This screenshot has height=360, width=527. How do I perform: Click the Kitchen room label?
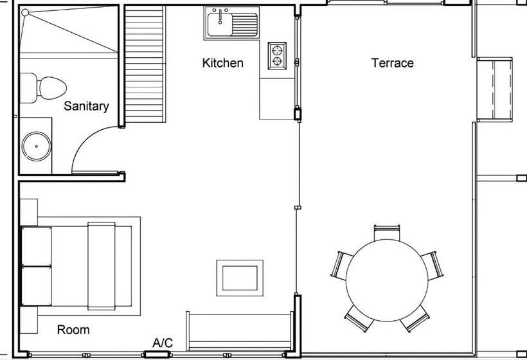[x=223, y=63]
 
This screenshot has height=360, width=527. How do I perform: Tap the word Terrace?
[x=392, y=63]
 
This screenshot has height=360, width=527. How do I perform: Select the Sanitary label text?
[x=86, y=106]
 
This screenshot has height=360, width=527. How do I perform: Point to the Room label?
[x=73, y=330]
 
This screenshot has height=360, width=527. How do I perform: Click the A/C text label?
[x=163, y=343]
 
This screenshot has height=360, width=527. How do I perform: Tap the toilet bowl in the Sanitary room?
[x=52, y=88]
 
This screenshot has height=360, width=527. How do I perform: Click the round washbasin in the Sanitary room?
[x=37, y=146]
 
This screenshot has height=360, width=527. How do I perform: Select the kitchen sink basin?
[x=220, y=24]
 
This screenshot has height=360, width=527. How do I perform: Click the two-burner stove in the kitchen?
[x=277, y=56]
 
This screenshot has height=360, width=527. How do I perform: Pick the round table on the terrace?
[x=387, y=280]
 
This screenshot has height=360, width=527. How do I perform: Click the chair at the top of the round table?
[x=387, y=233]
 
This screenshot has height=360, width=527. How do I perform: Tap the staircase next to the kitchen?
[x=145, y=64]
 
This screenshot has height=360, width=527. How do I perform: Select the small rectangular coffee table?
[x=240, y=278]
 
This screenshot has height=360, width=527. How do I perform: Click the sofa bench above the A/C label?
[x=240, y=332]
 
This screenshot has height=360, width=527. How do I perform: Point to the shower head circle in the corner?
[x=25, y=13]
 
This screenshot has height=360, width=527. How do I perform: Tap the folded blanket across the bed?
[x=101, y=266]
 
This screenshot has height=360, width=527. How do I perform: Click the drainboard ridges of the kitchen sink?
[x=245, y=24]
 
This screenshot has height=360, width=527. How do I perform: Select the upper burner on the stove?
[x=277, y=50]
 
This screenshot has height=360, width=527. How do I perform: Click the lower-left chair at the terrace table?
[x=361, y=318]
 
